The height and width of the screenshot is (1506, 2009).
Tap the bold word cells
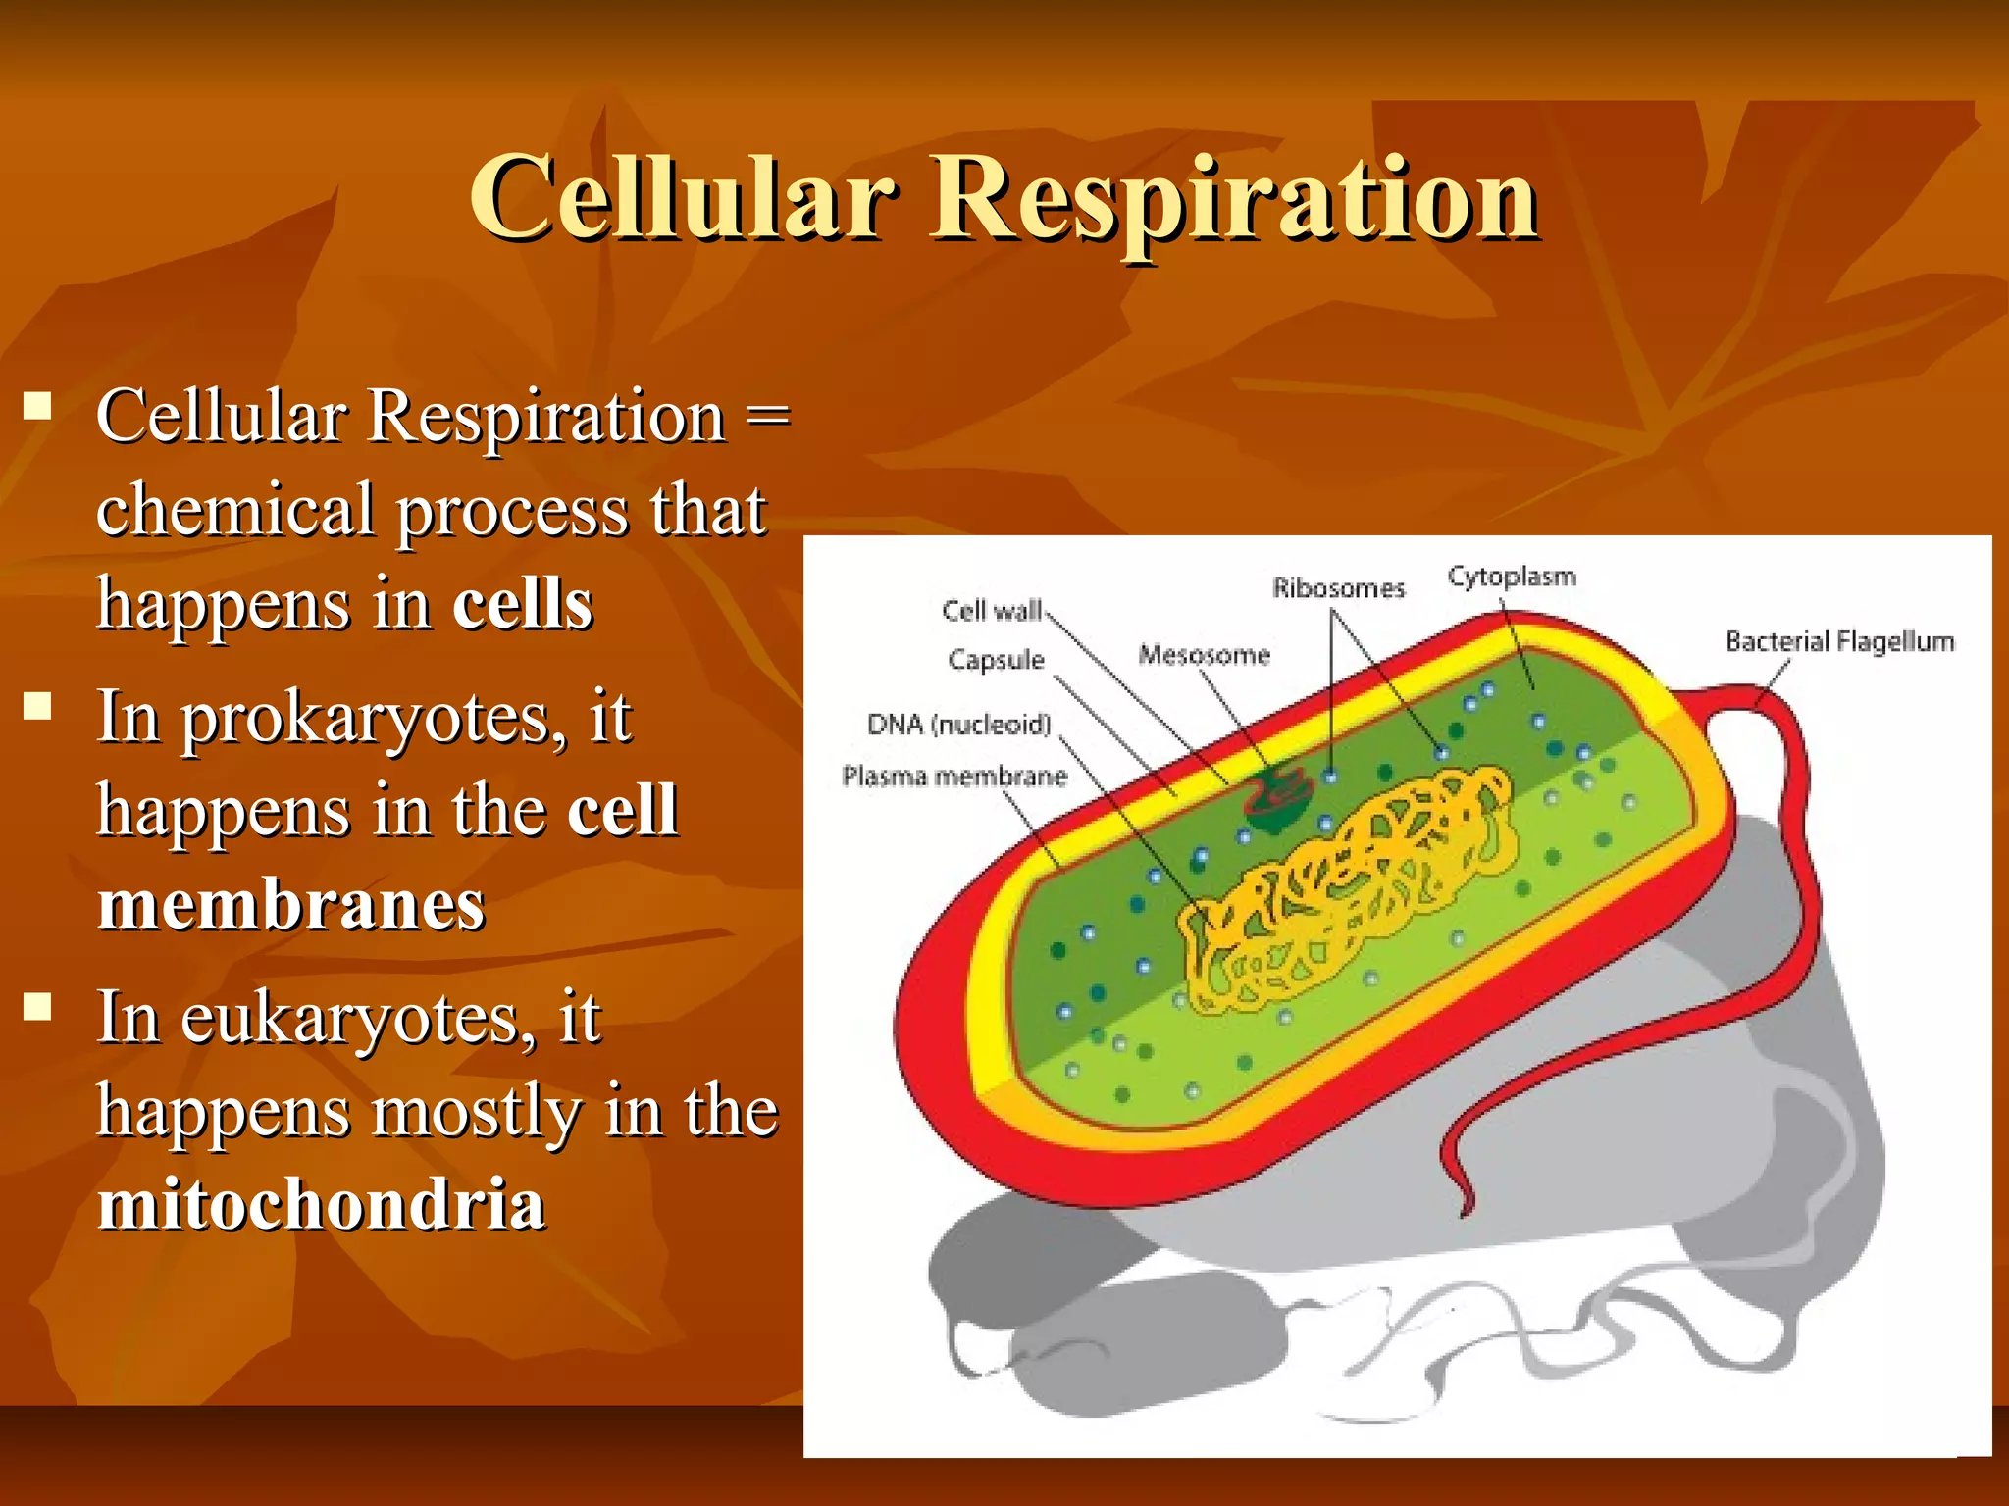[522, 604]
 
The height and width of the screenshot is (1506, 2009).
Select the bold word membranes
[291, 904]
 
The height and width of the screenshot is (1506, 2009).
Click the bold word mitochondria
[321, 1204]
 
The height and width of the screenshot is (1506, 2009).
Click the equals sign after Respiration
[768, 416]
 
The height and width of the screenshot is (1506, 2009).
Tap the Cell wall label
[991, 611]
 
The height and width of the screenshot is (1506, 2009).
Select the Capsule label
[996, 660]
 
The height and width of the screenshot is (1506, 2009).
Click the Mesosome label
[1204, 655]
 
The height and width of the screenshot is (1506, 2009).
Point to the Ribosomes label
[1338, 588]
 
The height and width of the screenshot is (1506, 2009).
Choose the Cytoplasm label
[1512, 577]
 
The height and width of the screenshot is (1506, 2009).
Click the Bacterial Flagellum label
[1839, 642]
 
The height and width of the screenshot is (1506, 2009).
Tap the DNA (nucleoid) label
[958, 725]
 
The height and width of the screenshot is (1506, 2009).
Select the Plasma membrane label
[953, 777]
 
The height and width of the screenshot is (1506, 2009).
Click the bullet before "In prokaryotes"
[38, 706]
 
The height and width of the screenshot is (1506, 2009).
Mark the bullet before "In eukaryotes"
[38, 1007]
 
